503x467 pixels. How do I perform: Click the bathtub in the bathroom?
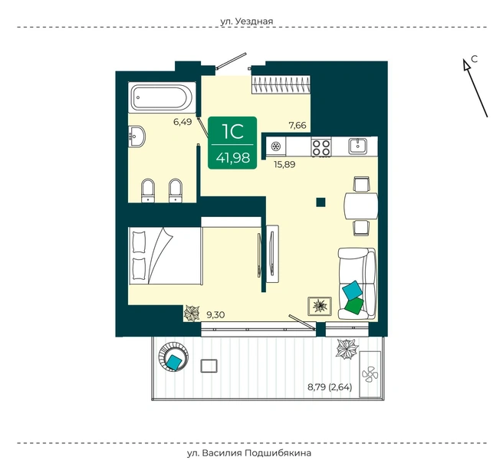coord(162,97)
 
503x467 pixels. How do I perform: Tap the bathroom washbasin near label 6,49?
coord(136,136)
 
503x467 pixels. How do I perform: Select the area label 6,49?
coord(182,122)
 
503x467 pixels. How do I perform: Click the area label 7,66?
coord(298,125)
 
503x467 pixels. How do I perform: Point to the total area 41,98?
coord(233,157)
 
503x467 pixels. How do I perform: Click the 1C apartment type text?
coord(233,131)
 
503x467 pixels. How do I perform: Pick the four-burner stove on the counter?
coord(321,147)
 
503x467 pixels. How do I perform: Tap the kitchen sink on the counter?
coord(358,146)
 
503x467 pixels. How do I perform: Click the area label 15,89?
coord(284,165)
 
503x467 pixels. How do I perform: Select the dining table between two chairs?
coord(361,206)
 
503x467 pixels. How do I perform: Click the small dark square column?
coord(321,202)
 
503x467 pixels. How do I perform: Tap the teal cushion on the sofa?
coord(353,290)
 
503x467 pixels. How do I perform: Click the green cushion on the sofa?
coord(354,306)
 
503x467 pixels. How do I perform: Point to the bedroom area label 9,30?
coord(215,315)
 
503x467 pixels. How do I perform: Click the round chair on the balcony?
coord(173,357)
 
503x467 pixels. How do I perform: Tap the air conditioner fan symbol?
coord(370,374)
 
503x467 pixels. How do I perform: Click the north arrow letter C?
coord(475,59)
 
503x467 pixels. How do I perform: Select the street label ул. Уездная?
coord(246,21)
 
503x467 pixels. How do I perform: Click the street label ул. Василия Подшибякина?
coord(249,453)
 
